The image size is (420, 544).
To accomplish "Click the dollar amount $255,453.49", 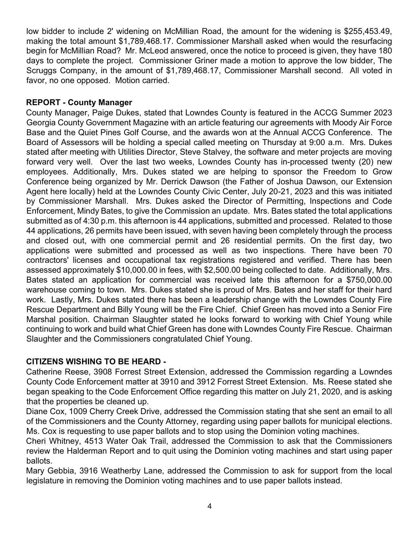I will tap(367, 31).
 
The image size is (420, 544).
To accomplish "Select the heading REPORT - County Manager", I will tap(79, 103).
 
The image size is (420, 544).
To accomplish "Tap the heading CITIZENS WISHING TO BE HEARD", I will tap(96, 362).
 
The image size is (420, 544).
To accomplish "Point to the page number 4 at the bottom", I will tap(210, 506).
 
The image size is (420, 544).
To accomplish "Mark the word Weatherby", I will tap(116, 470).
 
